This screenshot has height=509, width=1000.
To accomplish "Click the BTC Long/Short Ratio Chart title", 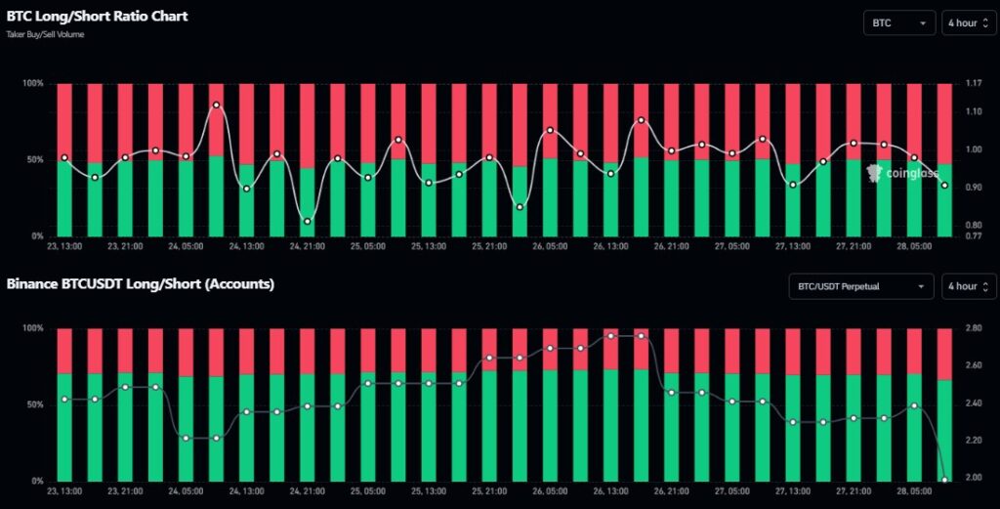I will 97,17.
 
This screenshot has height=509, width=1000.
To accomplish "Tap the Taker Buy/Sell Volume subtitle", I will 46,35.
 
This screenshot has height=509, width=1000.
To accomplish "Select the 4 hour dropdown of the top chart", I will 968,22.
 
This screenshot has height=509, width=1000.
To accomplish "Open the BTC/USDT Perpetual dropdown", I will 860,286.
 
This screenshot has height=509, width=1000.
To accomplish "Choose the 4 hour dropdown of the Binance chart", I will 968,286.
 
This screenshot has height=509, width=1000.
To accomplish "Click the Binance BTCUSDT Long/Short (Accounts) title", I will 140,284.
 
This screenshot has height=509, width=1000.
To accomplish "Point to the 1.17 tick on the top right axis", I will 974,84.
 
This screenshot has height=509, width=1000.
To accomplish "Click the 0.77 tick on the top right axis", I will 974,236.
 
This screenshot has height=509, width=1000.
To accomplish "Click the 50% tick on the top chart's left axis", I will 32,159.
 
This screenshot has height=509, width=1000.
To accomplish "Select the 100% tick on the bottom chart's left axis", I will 31,329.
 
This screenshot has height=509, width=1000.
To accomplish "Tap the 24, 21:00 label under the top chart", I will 307,246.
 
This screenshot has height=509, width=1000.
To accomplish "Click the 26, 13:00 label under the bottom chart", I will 610,491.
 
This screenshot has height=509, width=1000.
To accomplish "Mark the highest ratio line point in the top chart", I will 216,105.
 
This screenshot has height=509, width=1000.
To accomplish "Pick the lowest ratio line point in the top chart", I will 308,221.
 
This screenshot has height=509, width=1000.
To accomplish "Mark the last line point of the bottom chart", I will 944,480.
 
